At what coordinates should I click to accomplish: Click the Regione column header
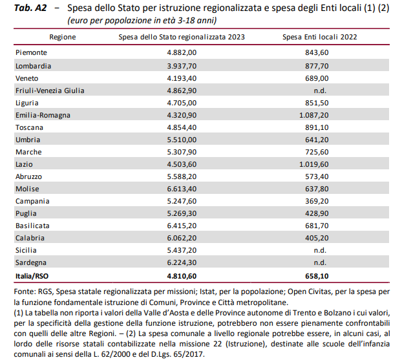point(63,37)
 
